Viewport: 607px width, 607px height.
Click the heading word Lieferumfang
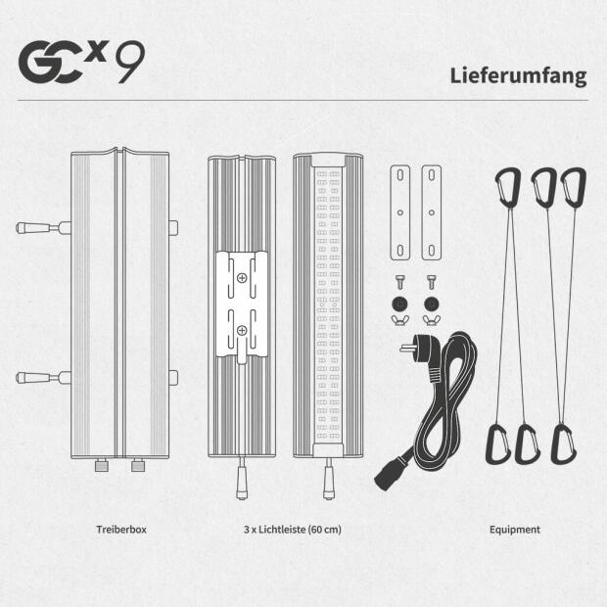[x=518, y=76]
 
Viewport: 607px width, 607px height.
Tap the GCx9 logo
[x=81, y=62]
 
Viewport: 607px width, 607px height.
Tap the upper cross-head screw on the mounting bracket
[x=242, y=278]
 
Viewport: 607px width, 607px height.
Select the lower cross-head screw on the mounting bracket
[x=242, y=330]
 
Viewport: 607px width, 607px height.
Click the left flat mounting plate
[x=400, y=212]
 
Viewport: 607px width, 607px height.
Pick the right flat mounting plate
[x=432, y=212]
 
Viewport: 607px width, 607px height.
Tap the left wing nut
[x=400, y=320]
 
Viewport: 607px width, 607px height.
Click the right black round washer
[x=432, y=303]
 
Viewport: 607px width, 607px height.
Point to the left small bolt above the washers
[x=400, y=282]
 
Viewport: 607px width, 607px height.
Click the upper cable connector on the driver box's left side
[x=43, y=227]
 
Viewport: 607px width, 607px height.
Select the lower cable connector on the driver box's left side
[x=43, y=378]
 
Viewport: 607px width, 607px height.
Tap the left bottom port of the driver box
[x=102, y=465]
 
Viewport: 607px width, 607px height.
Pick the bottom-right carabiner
[x=563, y=444]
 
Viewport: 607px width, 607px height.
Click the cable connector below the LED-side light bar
[x=328, y=480]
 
